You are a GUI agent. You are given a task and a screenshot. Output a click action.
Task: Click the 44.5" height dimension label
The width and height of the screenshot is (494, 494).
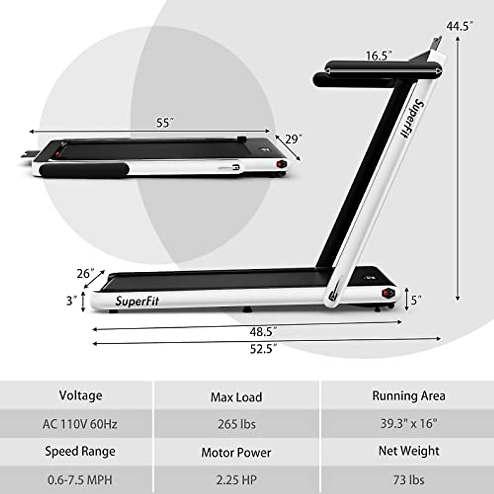(x=459, y=26)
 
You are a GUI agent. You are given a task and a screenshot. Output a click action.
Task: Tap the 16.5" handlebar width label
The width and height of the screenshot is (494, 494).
(x=379, y=56)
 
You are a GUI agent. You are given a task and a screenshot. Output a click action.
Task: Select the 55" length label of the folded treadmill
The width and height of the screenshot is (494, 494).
(x=165, y=123)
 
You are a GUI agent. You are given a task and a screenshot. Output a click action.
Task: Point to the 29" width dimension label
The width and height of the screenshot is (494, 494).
(x=292, y=139)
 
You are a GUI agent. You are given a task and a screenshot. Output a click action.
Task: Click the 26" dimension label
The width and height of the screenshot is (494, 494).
(x=86, y=273)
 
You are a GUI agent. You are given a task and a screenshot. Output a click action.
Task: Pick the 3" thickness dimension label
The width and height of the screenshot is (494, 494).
(x=72, y=301)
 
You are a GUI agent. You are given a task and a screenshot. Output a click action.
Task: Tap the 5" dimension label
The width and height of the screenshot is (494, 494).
(x=416, y=300)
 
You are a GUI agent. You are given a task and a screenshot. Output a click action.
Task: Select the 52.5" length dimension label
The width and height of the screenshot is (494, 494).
(x=263, y=349)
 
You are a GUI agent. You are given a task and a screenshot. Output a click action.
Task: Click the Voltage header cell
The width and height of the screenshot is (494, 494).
(x=81, y=396)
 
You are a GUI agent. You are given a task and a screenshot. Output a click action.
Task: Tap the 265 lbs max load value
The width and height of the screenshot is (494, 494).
(x=237, y=424)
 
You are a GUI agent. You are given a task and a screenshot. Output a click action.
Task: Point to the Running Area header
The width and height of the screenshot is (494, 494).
(x=408, y=396)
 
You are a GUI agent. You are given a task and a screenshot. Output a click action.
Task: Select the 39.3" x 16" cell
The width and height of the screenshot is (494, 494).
(x=408, y=424)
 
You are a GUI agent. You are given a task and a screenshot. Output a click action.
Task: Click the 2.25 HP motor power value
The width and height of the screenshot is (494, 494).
(x=236, y=480)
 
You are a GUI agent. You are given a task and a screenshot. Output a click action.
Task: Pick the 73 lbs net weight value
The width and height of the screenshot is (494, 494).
(x=408, y=480)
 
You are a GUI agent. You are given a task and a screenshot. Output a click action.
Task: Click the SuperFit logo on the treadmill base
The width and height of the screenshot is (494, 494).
(x=137, y=301)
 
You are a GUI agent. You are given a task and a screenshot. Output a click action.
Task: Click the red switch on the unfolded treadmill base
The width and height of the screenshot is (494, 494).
(x=387, y=293)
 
